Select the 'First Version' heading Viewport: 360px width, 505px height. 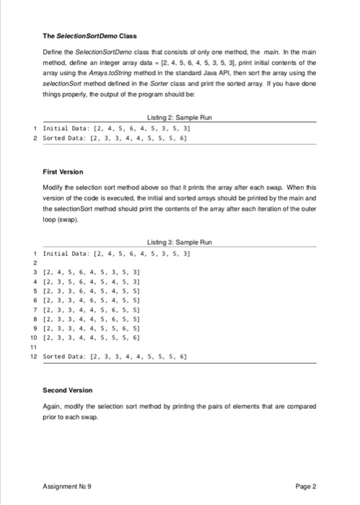pos(63,172)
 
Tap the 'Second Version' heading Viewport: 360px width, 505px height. pos(68,390)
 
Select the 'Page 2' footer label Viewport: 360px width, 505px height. pos(306,486)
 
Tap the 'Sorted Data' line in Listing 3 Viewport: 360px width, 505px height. pos(115,356)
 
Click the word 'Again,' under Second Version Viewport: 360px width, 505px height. pos(53,408)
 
